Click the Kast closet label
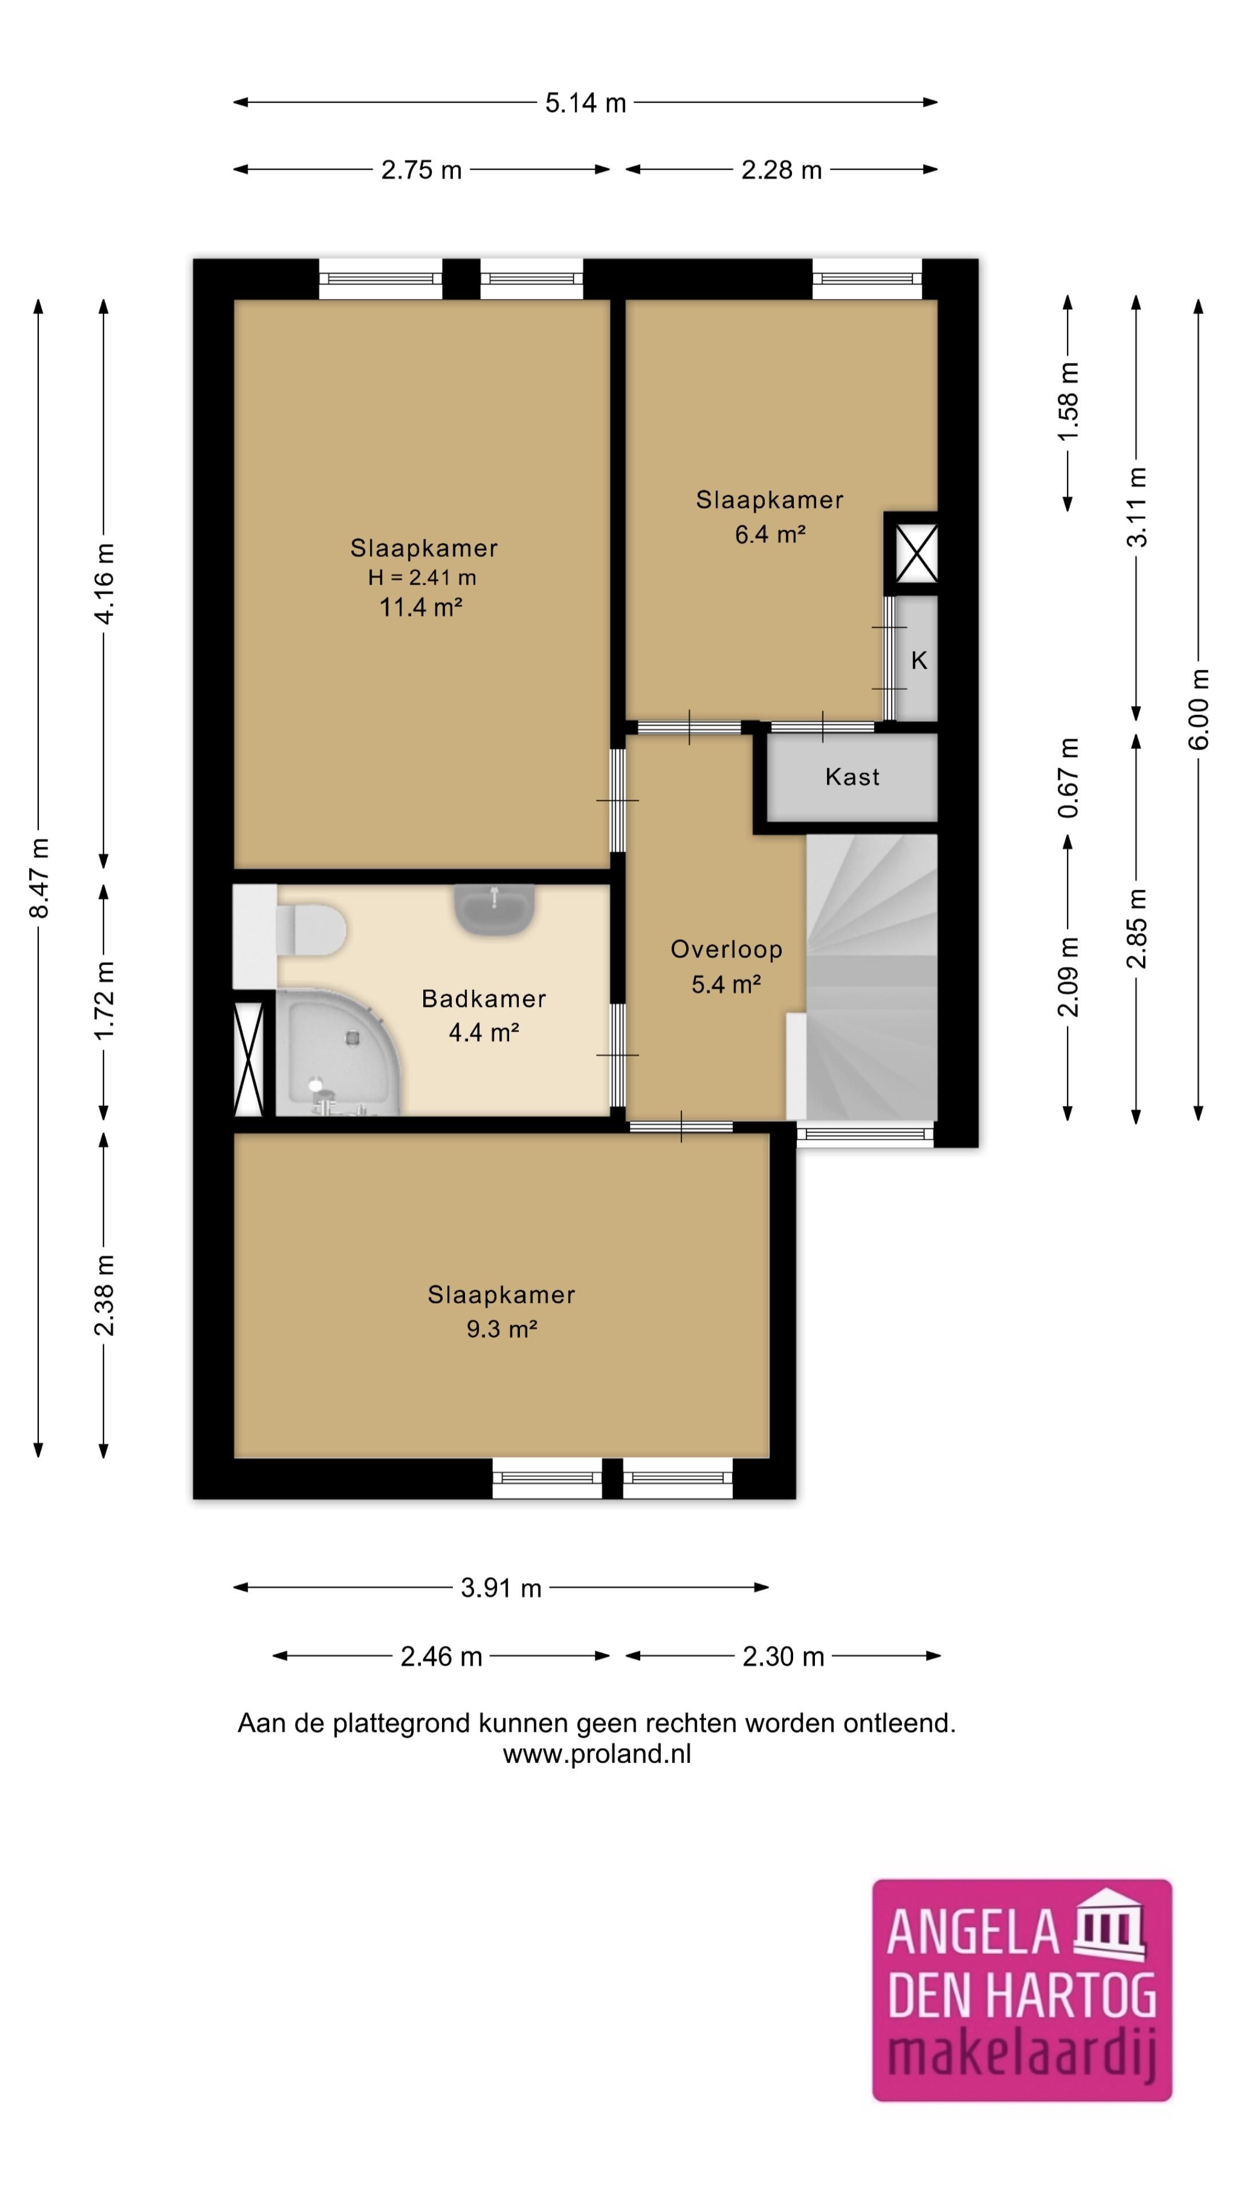tap(852, 777)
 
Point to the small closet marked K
tap(917, 659)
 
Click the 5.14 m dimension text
tap(586, 103)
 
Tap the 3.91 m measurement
tap(501, 1588)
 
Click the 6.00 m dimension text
tap(1199, 710)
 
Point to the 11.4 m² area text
tap(421, 607)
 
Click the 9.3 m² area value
tap(501, 1329)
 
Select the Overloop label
tap(727, 949)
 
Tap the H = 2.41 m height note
tap(421, 578)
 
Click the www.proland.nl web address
tap(597, 1754)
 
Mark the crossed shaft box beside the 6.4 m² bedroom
tap(916, 553)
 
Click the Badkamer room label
tap(483, 998)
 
